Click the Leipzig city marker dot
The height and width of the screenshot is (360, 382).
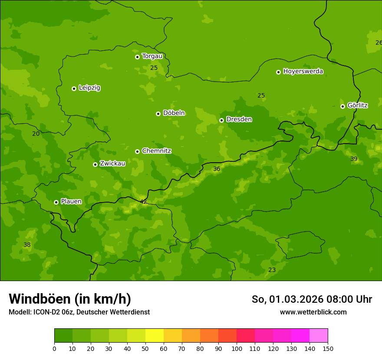point(74,88)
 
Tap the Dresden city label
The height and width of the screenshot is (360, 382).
point(239,119)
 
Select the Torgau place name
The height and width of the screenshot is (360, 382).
point(152,56)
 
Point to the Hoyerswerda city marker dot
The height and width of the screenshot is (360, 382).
point(278,72)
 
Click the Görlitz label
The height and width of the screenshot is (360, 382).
point(358,105)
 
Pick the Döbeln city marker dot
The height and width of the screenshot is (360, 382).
point(158,114)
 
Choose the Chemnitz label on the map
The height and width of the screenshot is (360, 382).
point(156,151)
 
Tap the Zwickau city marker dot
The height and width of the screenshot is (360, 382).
point(95,164)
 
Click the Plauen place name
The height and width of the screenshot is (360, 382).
point(71,201)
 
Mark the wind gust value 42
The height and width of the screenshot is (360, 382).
point(143,202)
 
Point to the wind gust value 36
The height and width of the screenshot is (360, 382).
point(217,169)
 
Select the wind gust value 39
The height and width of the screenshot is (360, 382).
point(354,159)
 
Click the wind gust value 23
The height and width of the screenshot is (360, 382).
point(272,270)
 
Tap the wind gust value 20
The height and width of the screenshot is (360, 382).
point(36,134)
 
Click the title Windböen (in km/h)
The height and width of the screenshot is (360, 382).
point(70,299)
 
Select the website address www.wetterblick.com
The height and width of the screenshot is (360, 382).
point(313,312)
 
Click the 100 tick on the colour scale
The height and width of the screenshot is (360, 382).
point(237,348)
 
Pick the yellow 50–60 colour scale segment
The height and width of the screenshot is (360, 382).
point(155,336)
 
